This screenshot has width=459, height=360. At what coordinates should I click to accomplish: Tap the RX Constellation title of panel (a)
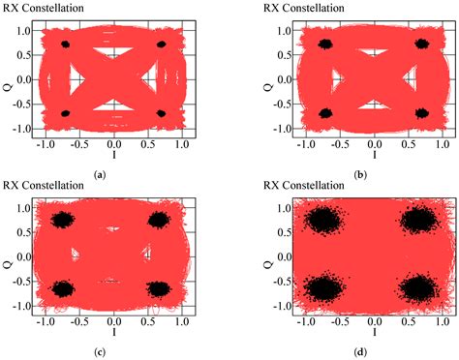point(45,8)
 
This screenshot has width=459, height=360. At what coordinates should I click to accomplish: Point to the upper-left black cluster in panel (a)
point(66,45)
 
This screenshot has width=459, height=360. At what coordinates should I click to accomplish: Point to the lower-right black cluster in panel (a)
point(161,113)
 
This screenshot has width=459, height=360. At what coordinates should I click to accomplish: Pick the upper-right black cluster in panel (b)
point(422,44)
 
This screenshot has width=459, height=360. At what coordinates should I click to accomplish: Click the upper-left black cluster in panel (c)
point(64,221)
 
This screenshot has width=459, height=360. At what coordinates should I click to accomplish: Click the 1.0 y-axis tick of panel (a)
point(22,30)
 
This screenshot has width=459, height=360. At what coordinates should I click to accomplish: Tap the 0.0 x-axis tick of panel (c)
point(114,323)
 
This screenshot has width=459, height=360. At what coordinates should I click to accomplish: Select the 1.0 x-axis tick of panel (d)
point(442,323)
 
